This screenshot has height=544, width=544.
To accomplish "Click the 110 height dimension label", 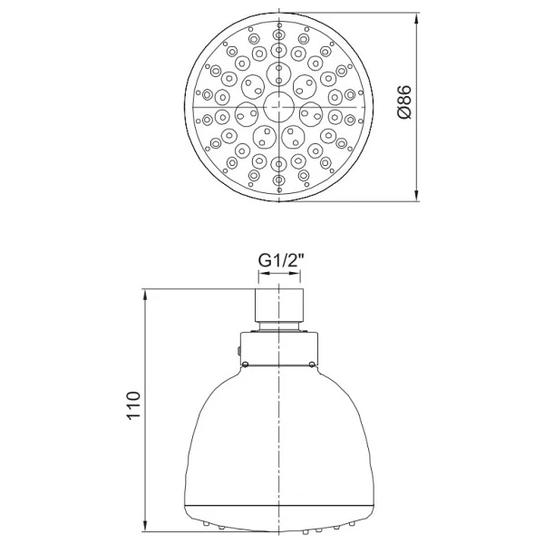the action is (x=133, y=406).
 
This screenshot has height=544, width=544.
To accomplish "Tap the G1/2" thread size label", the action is (x=281, y=260).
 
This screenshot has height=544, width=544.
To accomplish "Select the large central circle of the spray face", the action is (x=278, y=107).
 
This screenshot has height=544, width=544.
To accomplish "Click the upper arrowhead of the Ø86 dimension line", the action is (x=417, y=20).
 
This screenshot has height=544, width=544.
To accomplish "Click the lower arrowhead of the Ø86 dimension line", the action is (x=417, y=194).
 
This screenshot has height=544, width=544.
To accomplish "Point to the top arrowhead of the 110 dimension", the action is (x=146, y=296).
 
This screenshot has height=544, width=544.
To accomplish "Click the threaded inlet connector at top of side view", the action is (x=279, y=305).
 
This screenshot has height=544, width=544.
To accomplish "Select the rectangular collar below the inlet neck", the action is (x=279, y=348).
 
